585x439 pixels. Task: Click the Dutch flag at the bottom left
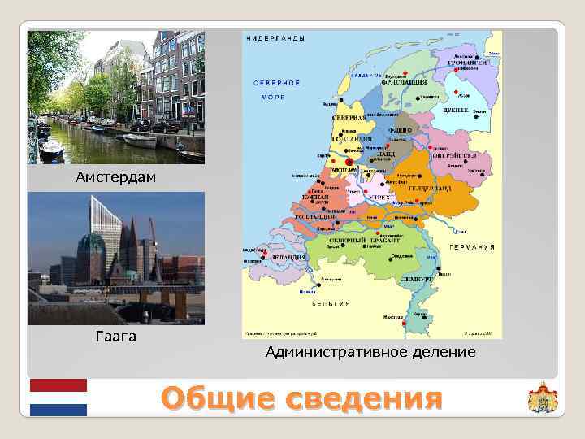58,398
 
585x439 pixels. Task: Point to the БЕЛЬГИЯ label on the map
331,302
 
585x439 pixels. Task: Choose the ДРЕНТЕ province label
455,109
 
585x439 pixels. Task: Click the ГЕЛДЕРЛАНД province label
424,188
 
